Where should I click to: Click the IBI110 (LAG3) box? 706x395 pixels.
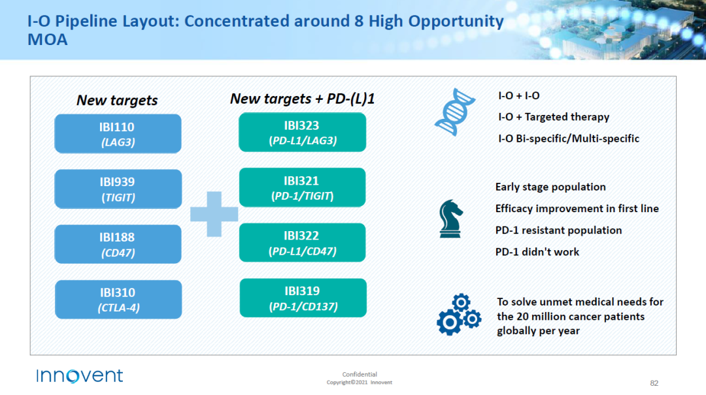(118, 134)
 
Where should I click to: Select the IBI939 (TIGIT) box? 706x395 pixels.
(118, 189)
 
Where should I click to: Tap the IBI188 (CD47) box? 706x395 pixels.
(118, 244)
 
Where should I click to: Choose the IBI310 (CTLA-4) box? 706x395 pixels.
(118, 300)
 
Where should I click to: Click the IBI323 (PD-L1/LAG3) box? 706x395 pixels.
(302, 133)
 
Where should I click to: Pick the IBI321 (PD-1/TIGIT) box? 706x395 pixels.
(302, 187)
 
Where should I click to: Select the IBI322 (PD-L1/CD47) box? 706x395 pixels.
(302, 242)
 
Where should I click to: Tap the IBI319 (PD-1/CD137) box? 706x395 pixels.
(303, 298)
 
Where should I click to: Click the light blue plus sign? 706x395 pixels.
(214, 214)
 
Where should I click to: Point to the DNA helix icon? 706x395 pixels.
(455, 112)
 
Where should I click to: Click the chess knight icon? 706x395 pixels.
(450, 219)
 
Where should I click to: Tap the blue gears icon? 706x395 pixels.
(459, 315)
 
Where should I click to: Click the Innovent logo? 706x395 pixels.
(80, 375)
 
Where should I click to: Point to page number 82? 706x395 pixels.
(654, 383)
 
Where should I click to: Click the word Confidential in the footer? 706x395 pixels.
(360, 374)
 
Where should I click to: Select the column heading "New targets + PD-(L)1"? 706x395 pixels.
(302, 99)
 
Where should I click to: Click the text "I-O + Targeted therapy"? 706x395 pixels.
(554, 117)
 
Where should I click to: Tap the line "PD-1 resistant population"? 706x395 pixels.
(558, 230)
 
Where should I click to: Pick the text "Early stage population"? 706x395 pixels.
(550, 187)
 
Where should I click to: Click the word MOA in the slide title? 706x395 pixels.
(47, 40)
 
